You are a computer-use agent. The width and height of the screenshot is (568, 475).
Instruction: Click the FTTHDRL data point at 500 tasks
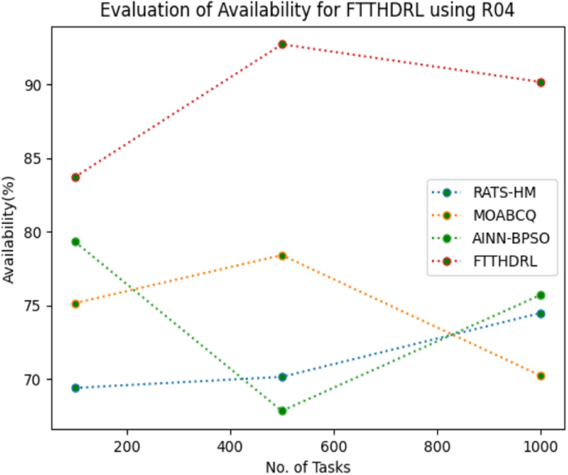click(282, 44)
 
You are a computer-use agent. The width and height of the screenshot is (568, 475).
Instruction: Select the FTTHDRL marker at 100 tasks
click(75, 177)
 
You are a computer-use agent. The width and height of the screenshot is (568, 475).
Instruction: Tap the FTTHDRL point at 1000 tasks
click(541, 82)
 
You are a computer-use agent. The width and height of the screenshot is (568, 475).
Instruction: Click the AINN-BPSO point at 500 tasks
click(282, 410)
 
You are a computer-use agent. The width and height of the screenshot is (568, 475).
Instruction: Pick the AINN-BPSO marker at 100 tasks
click(75, 242)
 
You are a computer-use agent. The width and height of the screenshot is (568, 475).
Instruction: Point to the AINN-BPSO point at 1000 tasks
click(541, 295)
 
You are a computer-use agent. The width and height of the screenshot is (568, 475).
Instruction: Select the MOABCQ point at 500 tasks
click(282, 255)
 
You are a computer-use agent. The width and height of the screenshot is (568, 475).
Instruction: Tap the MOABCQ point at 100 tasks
click(75, 303)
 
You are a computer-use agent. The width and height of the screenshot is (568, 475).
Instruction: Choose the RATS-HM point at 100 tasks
click(75, 388)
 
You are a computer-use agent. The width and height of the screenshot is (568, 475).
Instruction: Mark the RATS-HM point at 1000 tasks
click(541, 313)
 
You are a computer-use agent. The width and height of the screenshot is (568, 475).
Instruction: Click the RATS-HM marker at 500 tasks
click(282, 376)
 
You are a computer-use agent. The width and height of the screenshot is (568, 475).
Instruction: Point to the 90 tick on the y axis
click(34, 85)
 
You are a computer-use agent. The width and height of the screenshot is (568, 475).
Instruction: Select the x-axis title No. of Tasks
click(308, 466)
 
